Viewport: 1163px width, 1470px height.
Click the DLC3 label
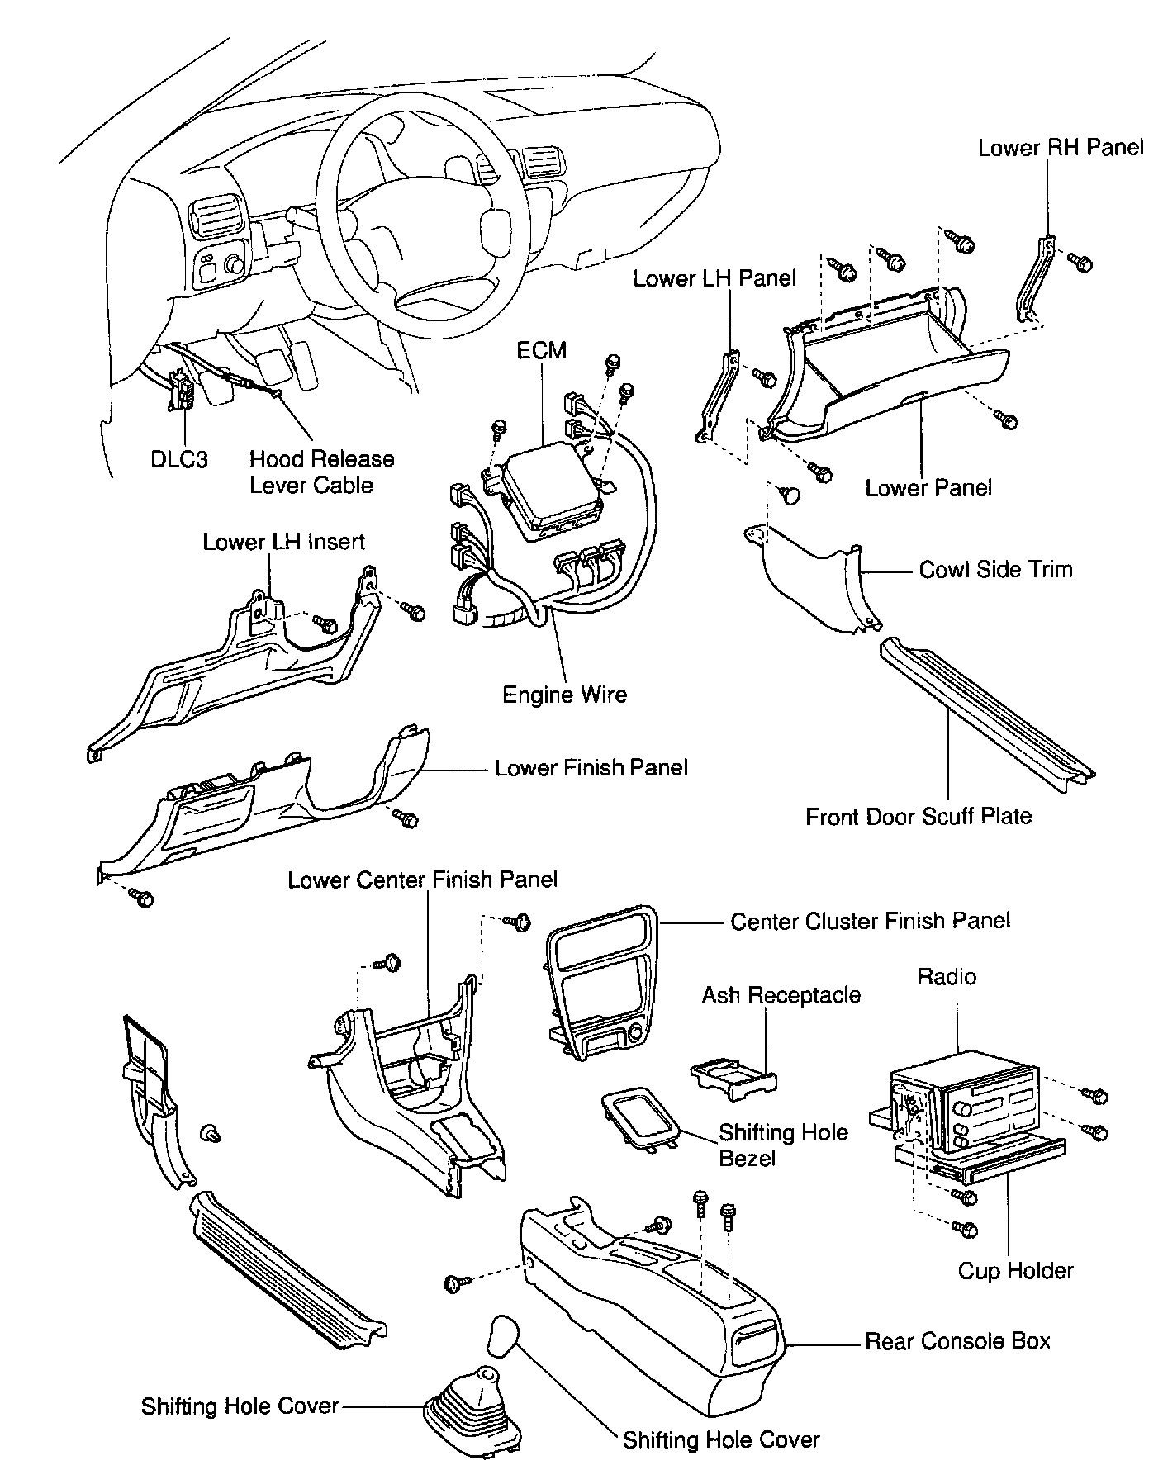(178, 459)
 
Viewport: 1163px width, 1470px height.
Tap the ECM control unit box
(548, 488)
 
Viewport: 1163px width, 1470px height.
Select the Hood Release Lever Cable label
(321, 472)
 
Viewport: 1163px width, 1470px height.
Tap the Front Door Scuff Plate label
(919, 817)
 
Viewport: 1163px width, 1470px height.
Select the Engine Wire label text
(564, 695)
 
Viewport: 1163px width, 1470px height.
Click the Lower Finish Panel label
(591, 768)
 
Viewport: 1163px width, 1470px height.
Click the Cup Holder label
(1015, 1270)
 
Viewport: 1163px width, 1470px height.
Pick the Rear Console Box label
(957, 1340)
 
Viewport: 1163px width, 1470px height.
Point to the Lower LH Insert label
(283, 542)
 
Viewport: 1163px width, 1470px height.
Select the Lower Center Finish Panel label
(422, 880)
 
